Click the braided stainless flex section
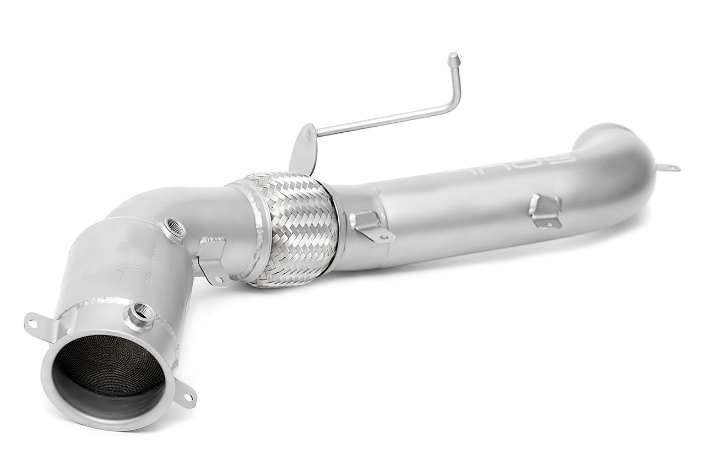point(292,229)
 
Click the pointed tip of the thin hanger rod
point(453,58)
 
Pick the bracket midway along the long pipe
point(545,210)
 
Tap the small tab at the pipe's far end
point(669,168)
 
